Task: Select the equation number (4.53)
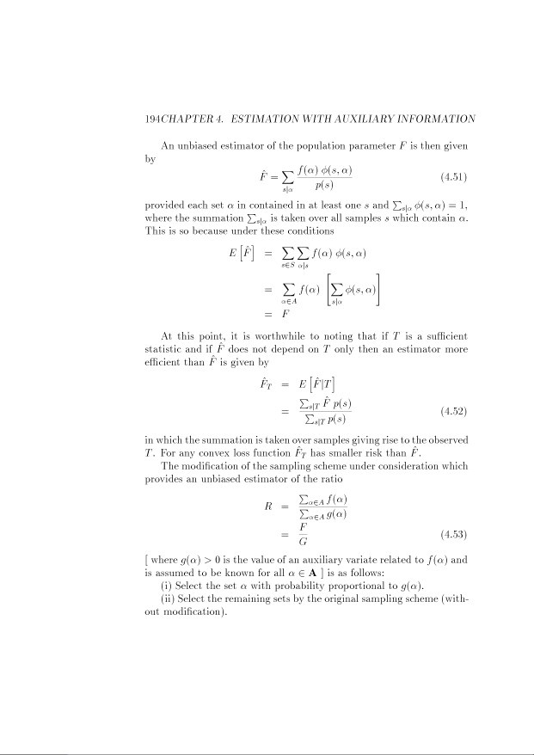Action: click(453, 533)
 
